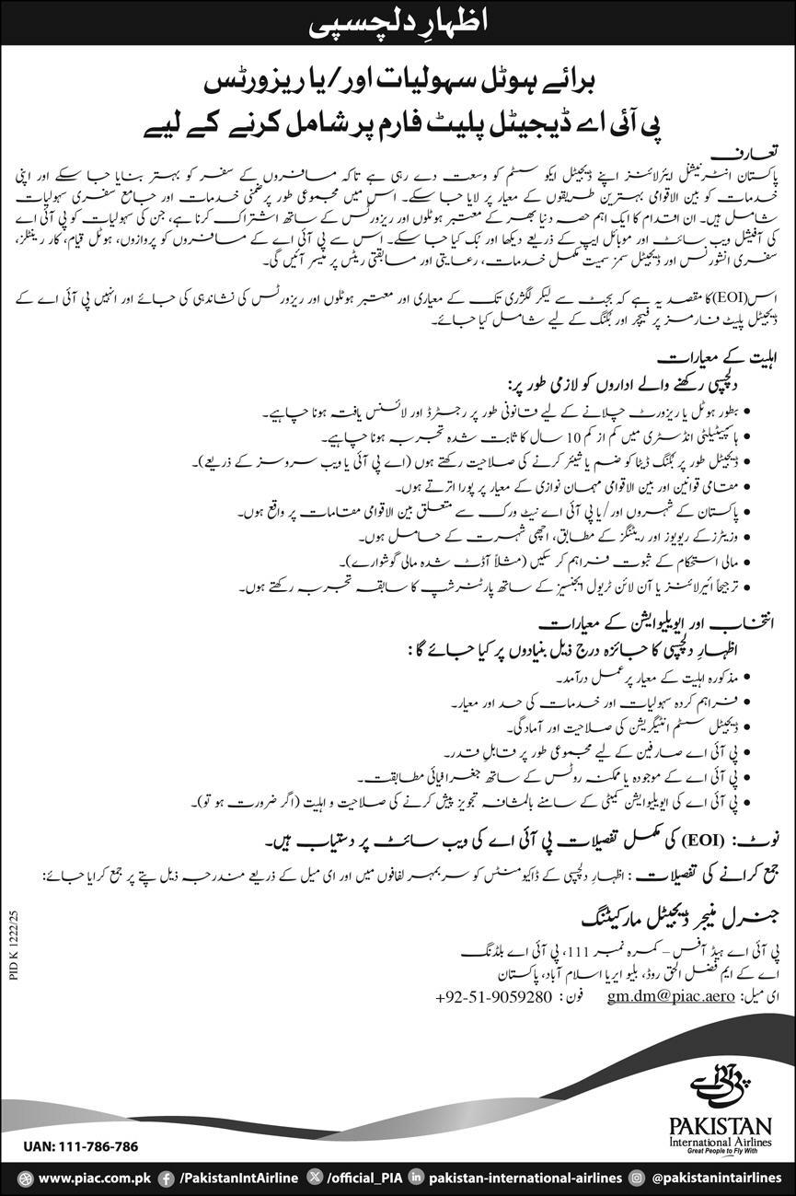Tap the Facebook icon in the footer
pos(167,1178)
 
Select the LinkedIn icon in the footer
pos(417,1178)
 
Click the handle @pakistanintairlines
pos(716,1178)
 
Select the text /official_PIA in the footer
pos(363,1178)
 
